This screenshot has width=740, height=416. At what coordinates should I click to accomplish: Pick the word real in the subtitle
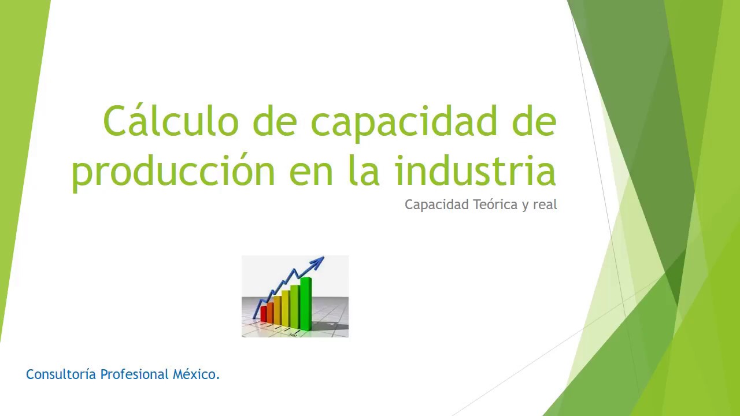pyautogui.click(x=545, y=205)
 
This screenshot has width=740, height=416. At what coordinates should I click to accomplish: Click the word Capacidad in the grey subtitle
pyautogui.click(x=436, y=205)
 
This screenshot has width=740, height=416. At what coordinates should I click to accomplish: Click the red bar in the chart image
pyautogui.click(x=264, y=314)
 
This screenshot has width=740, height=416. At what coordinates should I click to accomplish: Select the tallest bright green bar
pyautogui.click(x=306, y=303)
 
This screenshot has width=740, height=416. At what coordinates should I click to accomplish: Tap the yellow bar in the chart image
pyautogui.click(x=285, y=307)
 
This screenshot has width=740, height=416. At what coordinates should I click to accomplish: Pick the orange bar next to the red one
pyautogui.click(x=270, y=313)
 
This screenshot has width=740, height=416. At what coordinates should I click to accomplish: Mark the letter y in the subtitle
pyautogui.click(x=525, y=206)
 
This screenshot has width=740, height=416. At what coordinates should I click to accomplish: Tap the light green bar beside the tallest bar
pyautogui.click(x=295, y=306)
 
